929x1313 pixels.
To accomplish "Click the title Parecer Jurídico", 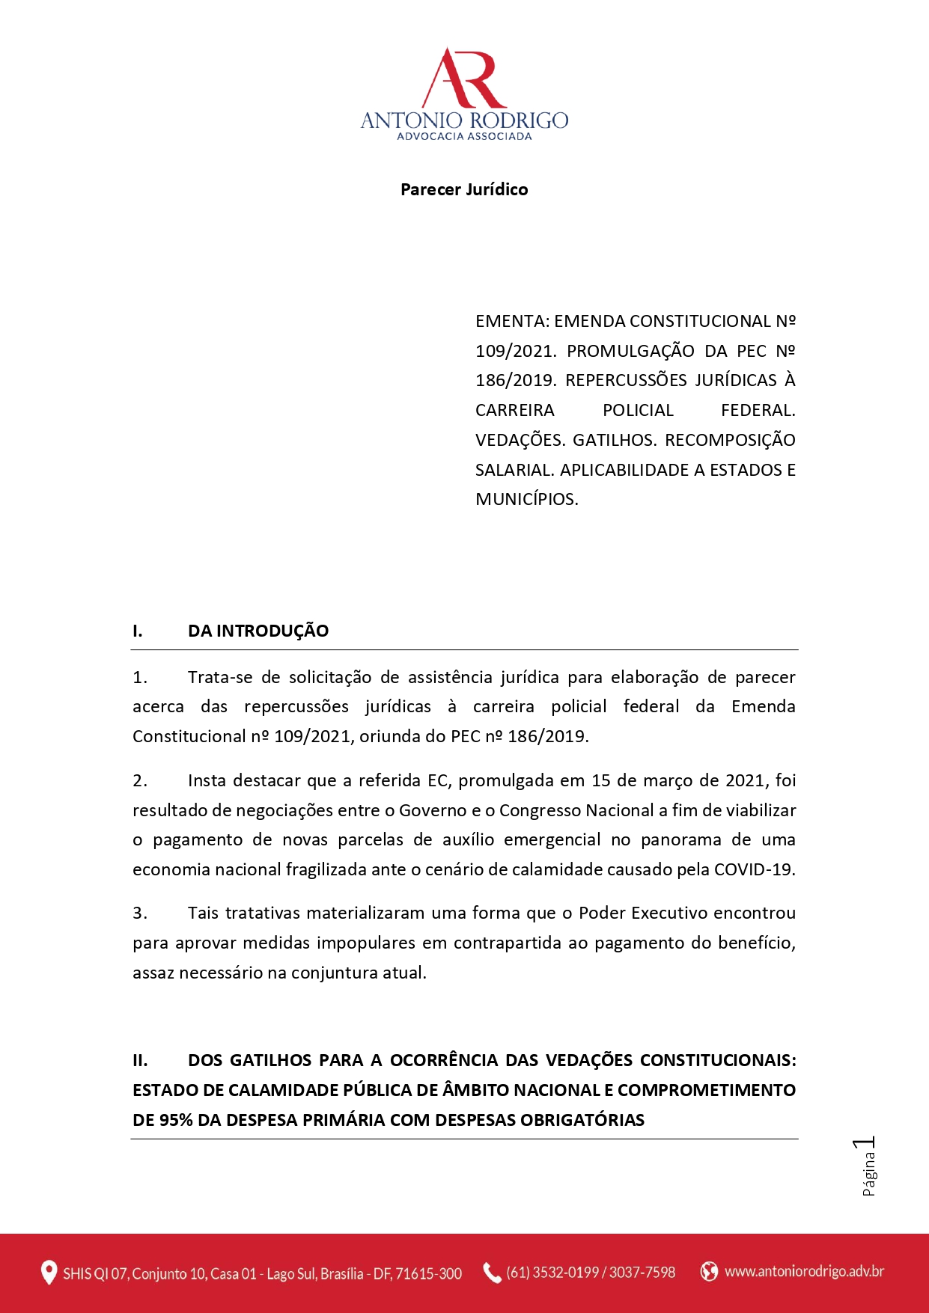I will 464,189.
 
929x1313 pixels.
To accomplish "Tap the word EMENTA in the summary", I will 512,322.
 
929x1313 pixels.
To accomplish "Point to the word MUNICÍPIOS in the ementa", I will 526,499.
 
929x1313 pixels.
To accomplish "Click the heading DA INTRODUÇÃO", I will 258,631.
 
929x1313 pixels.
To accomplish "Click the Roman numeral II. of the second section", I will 140,1060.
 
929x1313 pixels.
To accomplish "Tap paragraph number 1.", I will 139,677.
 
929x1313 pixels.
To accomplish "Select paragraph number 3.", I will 139,913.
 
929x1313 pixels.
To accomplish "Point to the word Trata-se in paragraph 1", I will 220,677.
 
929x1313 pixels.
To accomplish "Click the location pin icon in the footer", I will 49,1272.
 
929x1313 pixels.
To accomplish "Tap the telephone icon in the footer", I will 492,1272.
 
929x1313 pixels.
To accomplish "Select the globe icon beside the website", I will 709,1271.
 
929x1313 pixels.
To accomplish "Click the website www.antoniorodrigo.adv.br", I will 804,1271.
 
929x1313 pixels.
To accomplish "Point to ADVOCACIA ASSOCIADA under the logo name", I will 464,137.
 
